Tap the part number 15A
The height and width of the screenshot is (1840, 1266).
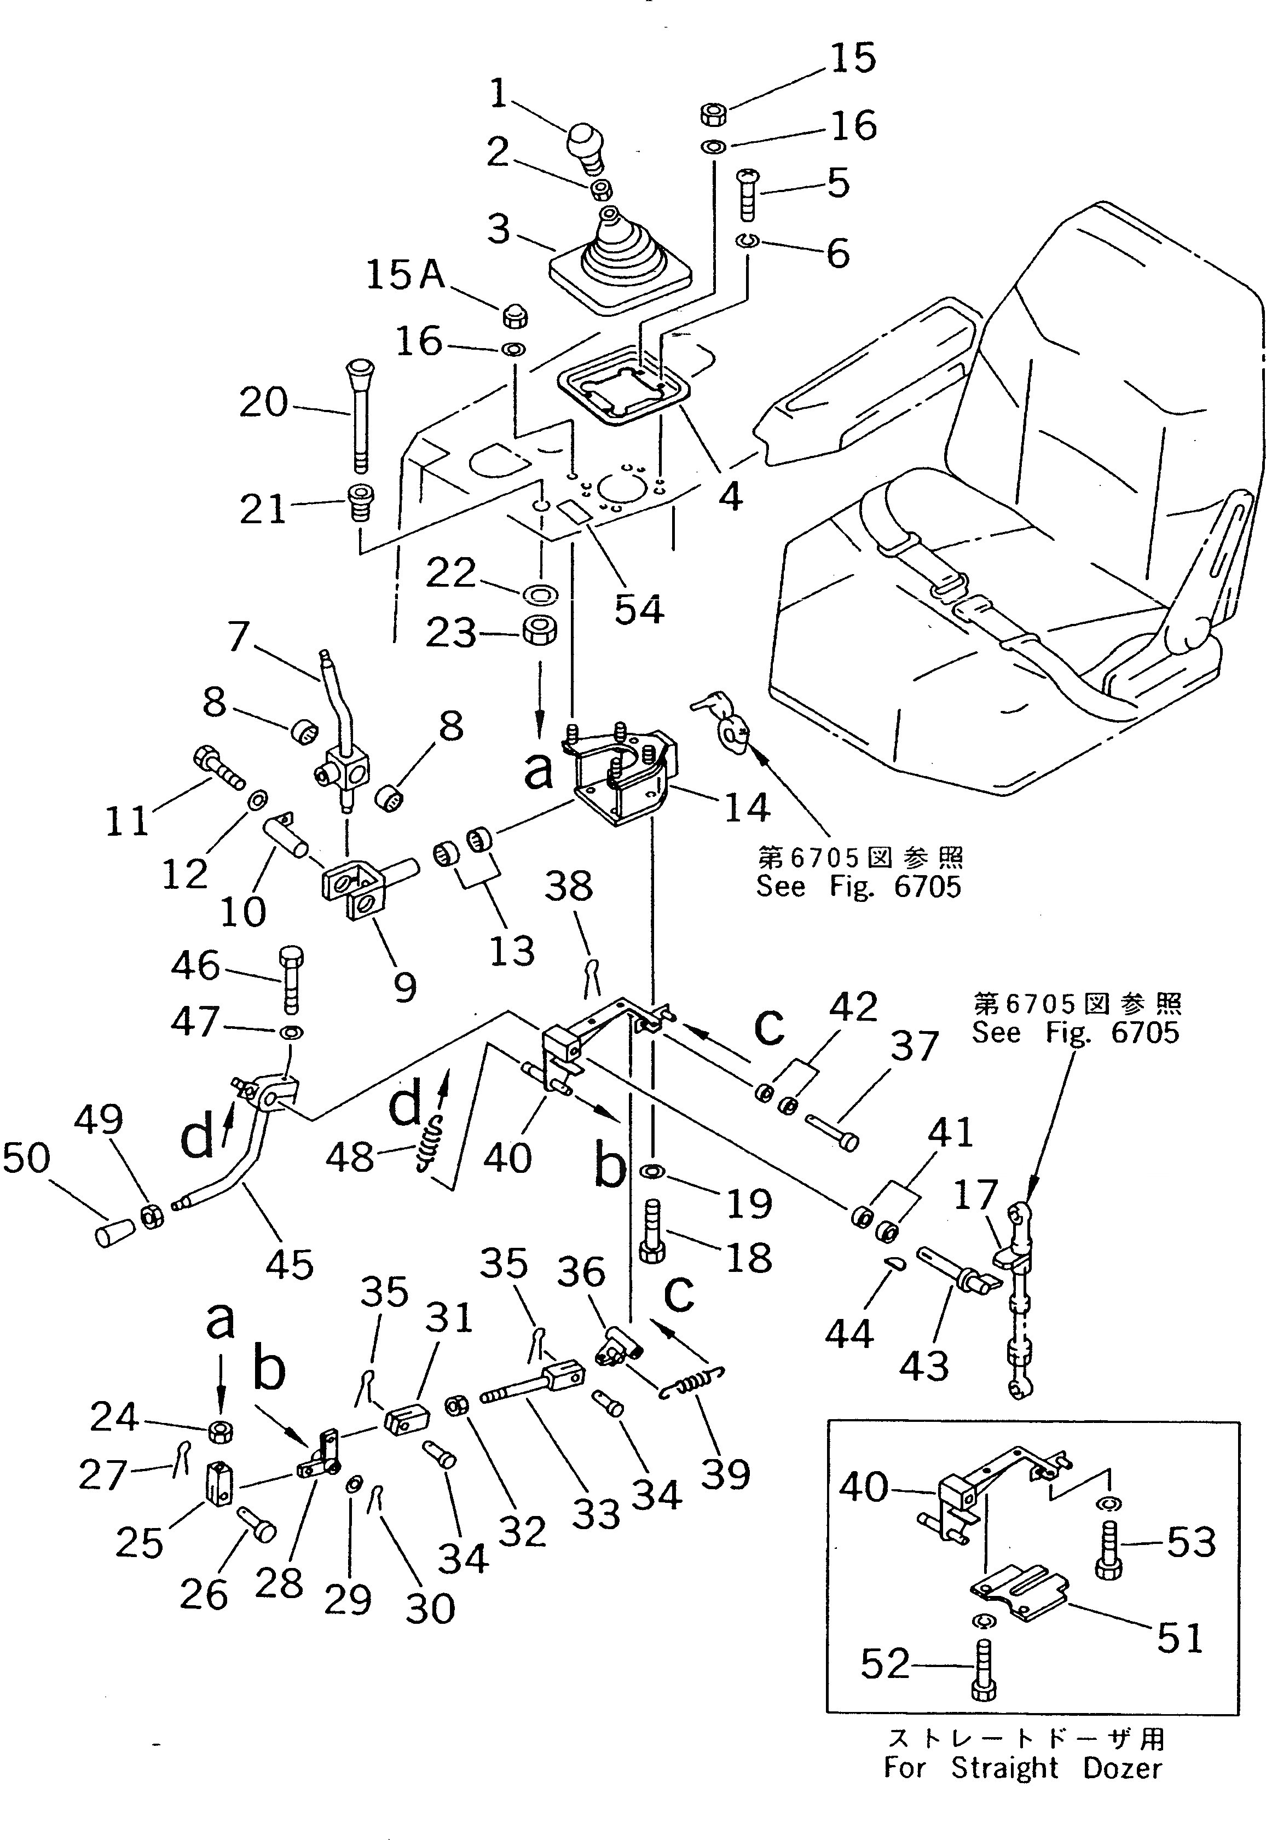point(406,275)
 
